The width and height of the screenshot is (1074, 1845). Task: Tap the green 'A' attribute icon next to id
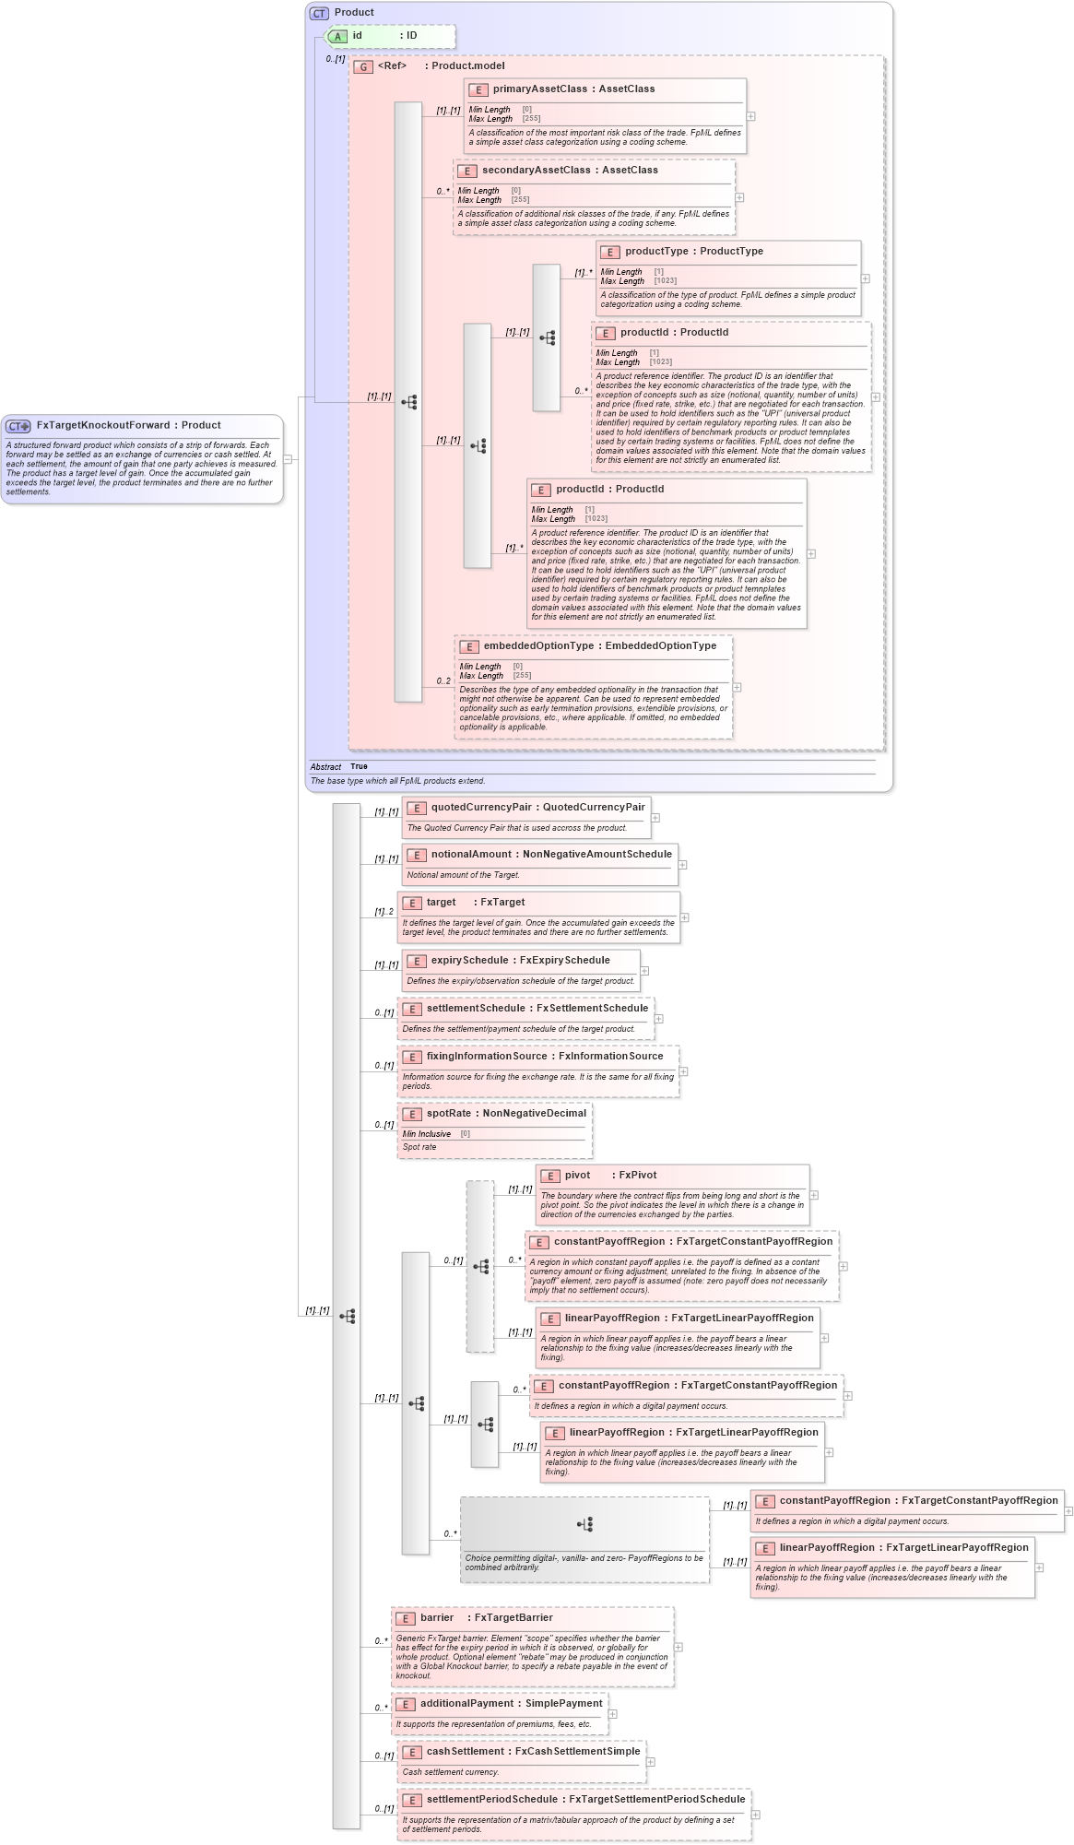338,36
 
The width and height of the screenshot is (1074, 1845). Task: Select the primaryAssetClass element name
539,89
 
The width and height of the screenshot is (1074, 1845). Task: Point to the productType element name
656,252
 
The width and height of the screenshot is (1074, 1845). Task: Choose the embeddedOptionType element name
539,646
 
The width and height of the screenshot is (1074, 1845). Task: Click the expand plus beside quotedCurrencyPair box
655,818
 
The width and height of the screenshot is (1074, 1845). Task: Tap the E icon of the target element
412,903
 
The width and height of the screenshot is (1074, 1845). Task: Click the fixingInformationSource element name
486,1057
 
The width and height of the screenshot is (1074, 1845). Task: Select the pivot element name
577,1176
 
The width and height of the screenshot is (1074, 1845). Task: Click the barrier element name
437,1618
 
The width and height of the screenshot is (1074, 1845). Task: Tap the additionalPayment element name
466,1704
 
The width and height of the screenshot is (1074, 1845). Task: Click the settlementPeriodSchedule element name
492,1800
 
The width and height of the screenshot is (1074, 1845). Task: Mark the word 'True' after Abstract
359,767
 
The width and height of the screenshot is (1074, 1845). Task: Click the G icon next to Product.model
363,66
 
